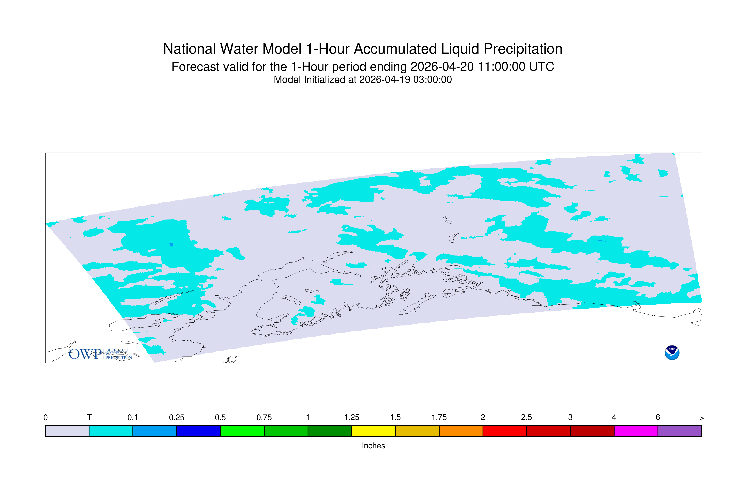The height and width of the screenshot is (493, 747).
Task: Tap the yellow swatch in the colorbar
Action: pyautogui.click(x=373, y=431)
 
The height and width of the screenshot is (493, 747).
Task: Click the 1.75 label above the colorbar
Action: pyautogui.click(x=439, y=418)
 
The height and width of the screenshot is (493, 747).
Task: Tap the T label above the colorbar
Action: pyautogui.click(x=89, y=418)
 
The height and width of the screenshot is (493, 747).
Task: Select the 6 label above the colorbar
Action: pyautogui.click(x=658, y=418)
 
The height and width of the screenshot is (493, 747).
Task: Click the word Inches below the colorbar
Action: pyautogui.click(x=373, y=445)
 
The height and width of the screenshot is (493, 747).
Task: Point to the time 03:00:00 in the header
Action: pyautogui.click(x=433, y=80)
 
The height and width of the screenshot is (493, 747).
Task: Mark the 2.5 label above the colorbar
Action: pyautogui.click(x=526, y=418)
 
